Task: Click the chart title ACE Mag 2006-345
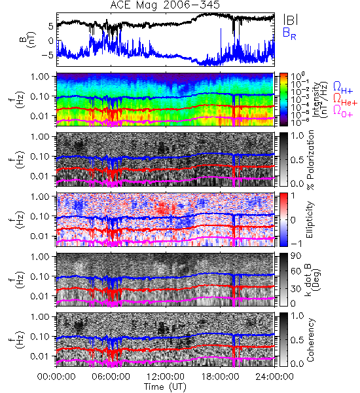tap(165, 5)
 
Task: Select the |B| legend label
tap(291, 19)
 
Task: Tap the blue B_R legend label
tap(289, 33)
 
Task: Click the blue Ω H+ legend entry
tap(343, 88)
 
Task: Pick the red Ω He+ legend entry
tap(345, 99)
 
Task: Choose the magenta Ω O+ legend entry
tap(343, 111)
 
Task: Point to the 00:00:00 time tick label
tap(56, 377)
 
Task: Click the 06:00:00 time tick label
tap(111, 377)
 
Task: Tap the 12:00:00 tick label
tap(166, 377)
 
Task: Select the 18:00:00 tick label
tap(220, 377)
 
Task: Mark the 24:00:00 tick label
tap(274, 377)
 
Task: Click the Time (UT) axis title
tap(165, 386)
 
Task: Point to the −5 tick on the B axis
tap(47, 55)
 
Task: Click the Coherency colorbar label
tap(310, 340)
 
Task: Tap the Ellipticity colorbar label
tap(310, 220)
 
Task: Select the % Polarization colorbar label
tap(310, 160)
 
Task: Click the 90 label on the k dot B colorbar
tap(296, 256)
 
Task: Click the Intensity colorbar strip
tap(283, 100)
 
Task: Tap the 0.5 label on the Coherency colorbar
tap(297, 340)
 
